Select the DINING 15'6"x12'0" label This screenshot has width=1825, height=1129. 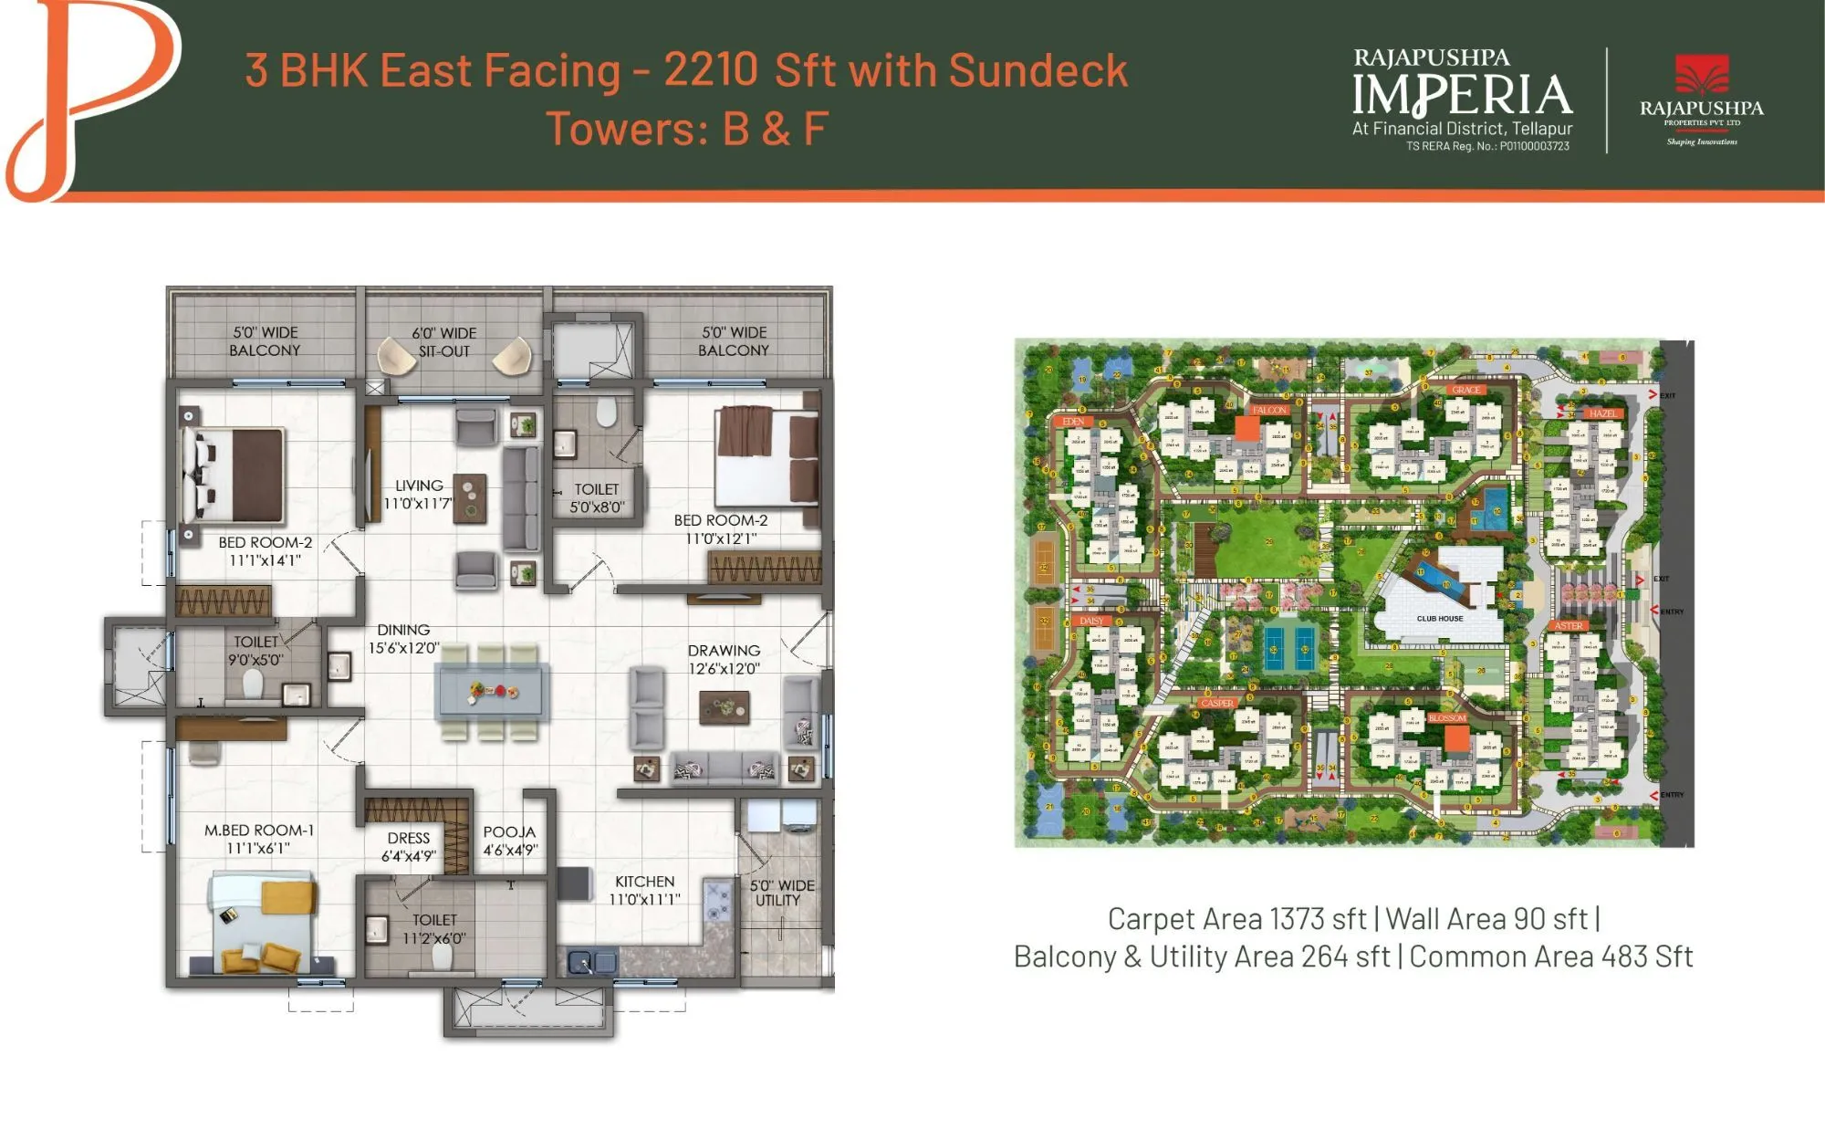(x=403, y=639)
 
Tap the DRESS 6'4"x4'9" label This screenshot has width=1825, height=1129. (x=408, y=847)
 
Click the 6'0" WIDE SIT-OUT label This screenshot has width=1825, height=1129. (x=443, y=342)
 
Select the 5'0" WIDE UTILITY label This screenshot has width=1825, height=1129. (x=780, y=893)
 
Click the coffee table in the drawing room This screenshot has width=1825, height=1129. (x=725, y=707)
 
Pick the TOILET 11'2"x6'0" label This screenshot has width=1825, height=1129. (x=434, y=929)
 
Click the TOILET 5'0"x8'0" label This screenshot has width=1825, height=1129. (x=597, y=498)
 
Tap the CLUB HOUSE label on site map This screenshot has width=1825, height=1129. (x=1439, y=619)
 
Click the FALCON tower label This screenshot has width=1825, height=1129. (x=1269, y=410)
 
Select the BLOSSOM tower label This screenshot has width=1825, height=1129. (x=1447, y=718)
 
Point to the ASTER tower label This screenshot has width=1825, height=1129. (x=1569, y=626)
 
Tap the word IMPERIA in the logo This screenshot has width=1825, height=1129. (x=1462, y=96)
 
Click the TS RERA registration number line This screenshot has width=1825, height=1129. (x=1487, y=146)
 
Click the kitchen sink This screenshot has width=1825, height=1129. (x=590, y=961)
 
